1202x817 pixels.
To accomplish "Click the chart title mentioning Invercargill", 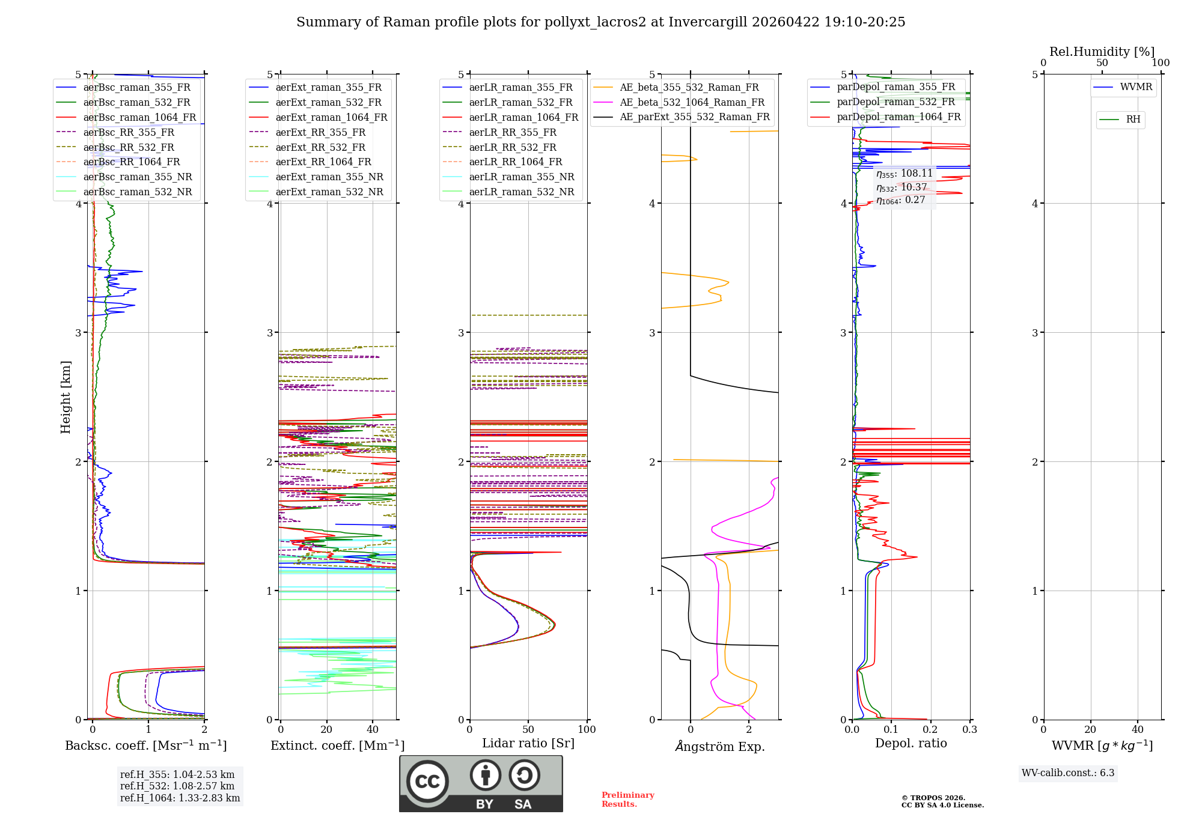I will click(600, 22).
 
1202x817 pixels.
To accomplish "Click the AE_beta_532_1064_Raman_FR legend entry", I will click(692, 102).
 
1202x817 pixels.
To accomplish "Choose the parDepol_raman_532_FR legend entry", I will click(895, 102).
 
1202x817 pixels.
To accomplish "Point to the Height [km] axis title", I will click(66, 397).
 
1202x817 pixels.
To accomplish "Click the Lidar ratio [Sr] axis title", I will click(528, 743).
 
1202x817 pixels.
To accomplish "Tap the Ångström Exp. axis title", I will click(720, 746).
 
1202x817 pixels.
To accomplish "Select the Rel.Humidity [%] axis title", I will click(1102, 52).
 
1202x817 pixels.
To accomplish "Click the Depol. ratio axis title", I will click(911, 743).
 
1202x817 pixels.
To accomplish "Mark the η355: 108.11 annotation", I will click(904, 174).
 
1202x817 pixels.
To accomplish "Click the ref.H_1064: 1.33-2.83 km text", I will click(180, 798).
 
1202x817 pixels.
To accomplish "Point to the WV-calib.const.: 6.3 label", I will click(1068, 773).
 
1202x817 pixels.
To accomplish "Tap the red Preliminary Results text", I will click(627, 799).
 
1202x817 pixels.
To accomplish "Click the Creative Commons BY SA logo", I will click(481, 783).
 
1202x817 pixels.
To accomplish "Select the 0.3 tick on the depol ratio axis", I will click(969, 729).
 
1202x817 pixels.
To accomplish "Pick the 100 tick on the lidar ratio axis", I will click(587, 729).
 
